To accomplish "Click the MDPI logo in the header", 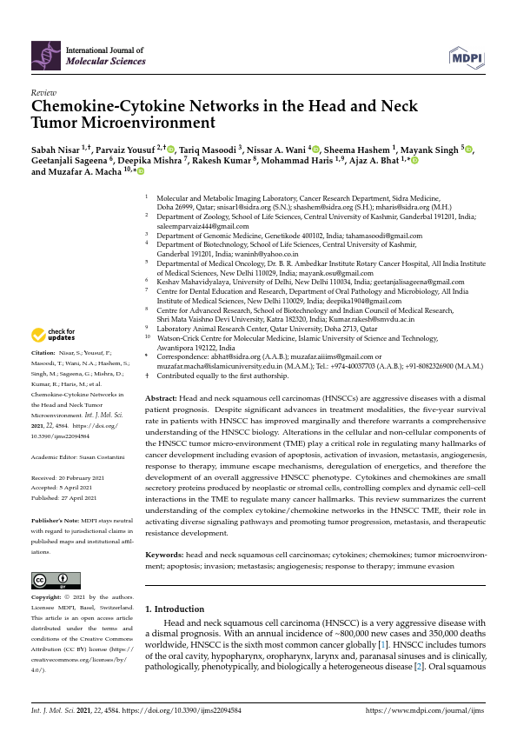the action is pos(467,57).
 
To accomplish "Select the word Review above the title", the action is pos(43,92).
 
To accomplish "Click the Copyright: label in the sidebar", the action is pos(47,597).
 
